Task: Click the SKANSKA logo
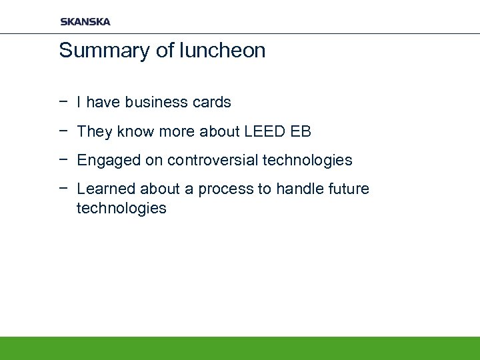tap(85, 21)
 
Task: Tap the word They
tap(95, 131)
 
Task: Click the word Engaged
tap(103, 161)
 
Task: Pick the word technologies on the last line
tap(121, 209)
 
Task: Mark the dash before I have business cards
tap(63, 102)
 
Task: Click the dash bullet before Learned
tap(63, 189)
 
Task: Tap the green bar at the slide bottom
tap(240, 348)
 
